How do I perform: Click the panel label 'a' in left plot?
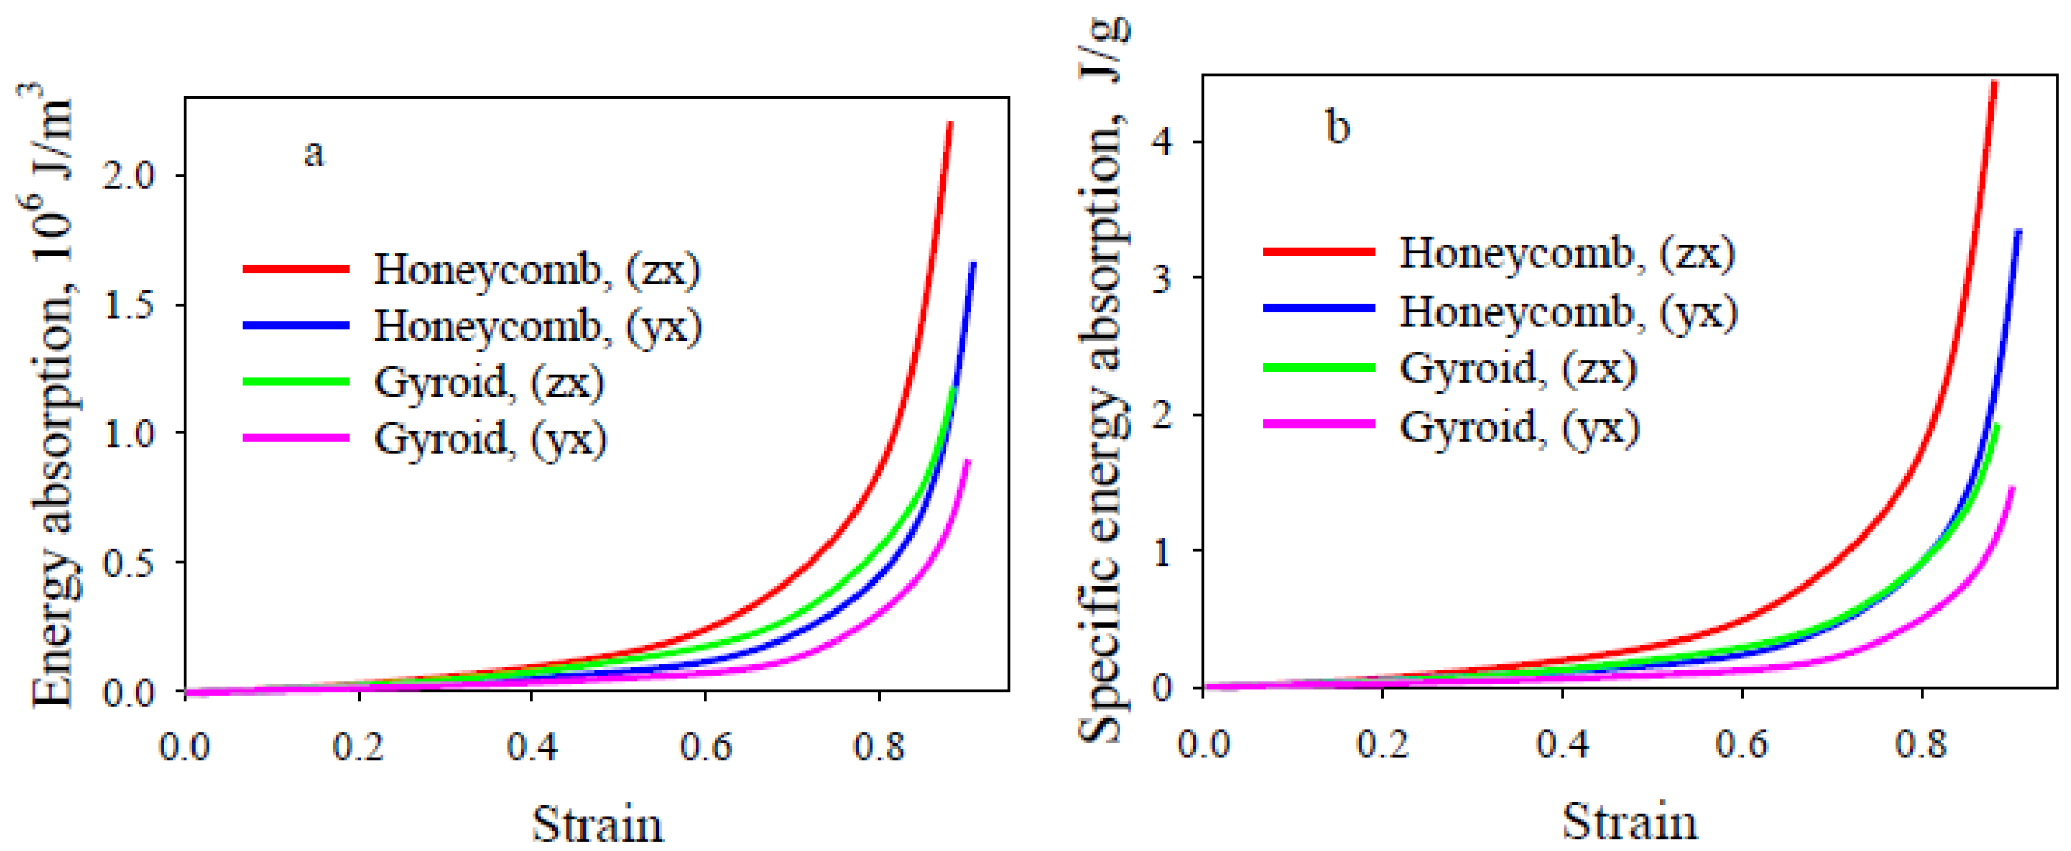point(314,152)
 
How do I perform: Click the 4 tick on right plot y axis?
point(1163,143)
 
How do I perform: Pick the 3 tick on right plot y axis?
point(1163,278)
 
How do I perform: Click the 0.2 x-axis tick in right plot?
point(1382,743)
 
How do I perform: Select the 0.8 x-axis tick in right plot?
point(1921,743)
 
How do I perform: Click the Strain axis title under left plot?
point(597,824)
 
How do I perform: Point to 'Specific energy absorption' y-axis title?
point(1101,386)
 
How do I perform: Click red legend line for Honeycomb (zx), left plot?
point(296,268)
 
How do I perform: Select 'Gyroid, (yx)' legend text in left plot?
point(490,439)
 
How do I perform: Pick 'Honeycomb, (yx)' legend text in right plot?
point(1568,310)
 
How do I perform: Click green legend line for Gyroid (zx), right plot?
point(1319,368)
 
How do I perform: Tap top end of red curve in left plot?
point(950,124)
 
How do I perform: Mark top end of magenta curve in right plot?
point(2013,488)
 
